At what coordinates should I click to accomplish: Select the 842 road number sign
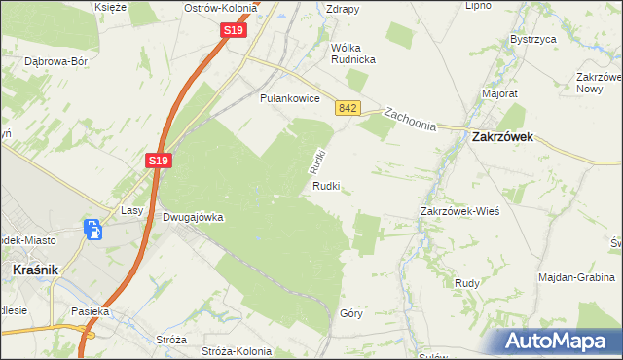click(x=348, y=109)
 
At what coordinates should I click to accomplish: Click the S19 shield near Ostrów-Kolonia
click(x=233, y=31)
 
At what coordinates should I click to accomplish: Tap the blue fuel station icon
click(x=93, y=232)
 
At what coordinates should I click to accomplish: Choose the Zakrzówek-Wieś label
click(x=459, y=210)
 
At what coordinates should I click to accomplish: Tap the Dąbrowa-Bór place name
click(x=55, y=60)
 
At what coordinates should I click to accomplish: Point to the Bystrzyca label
click(x=531, y=40)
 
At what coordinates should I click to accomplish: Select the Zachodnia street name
click(x=409, y=120)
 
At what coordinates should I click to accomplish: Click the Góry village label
click(x=351, y=313)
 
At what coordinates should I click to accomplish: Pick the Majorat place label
click(x=499, y=94)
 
